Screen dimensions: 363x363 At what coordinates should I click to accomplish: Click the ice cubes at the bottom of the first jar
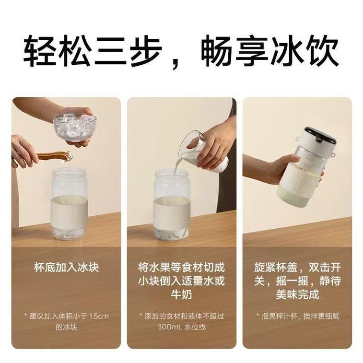pyautogui.click(x=69, y=234)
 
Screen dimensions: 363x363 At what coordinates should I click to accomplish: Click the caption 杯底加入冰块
pyautogui.click(x=67, y=268)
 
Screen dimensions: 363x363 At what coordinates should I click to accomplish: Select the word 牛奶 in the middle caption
pyautogui.click(x=181, y=294)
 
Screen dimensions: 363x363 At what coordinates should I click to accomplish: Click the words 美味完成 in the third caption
pyautogui.click(x=297, y=294)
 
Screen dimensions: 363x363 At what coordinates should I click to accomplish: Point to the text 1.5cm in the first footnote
pyautogui.click(x=99, y=316)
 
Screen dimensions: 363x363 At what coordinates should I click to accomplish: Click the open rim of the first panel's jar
pyautogui.click(x=70, y=172)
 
